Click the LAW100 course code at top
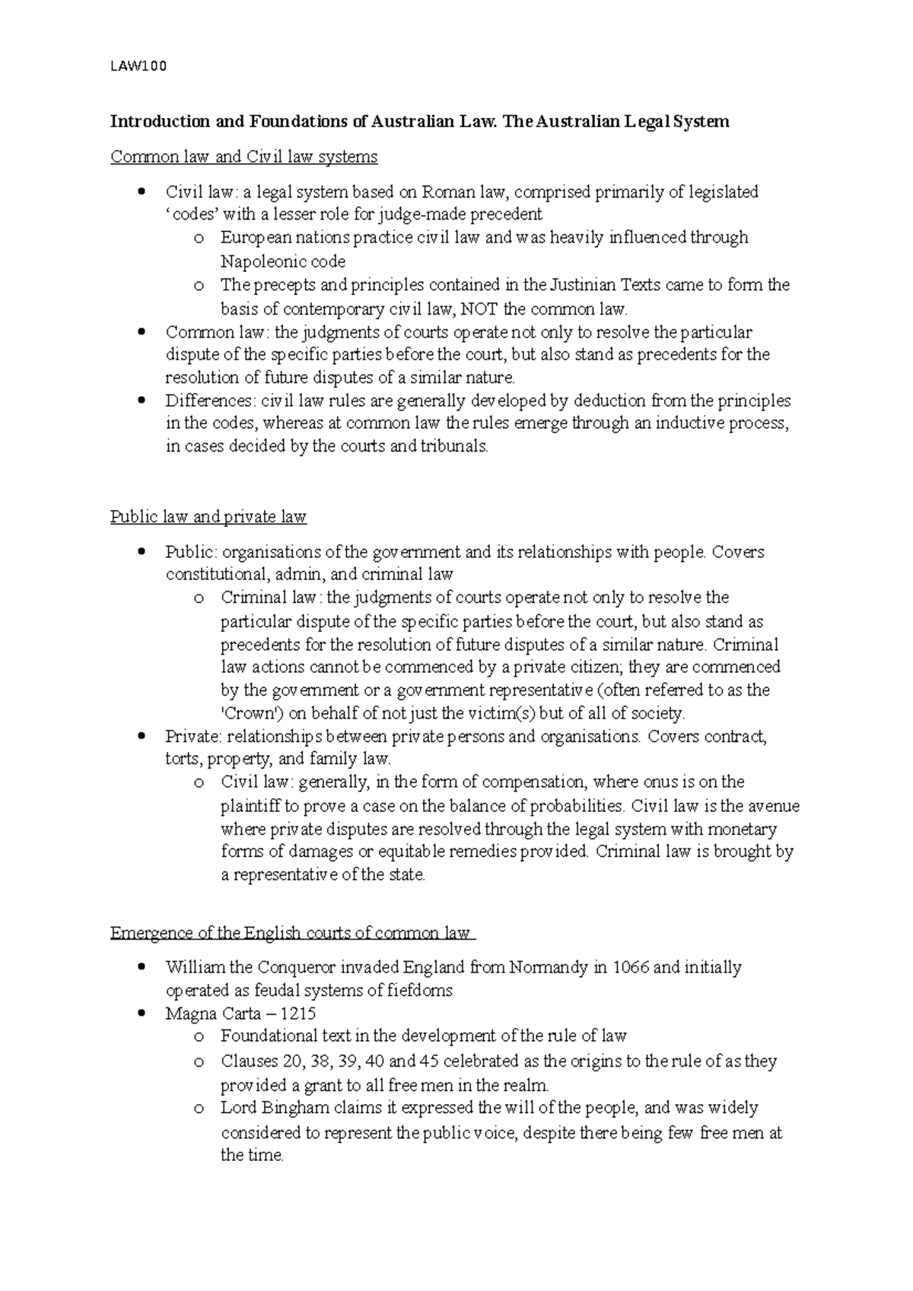click(x=138, y=67)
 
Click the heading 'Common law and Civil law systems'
click(x=243, y=157)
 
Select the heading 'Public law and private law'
click(x=208, y=518)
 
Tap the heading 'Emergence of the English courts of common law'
click(x=291, y=933)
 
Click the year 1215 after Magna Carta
click(x=297, y=1014)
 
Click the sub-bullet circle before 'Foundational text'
click(x=199, y=1037)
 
